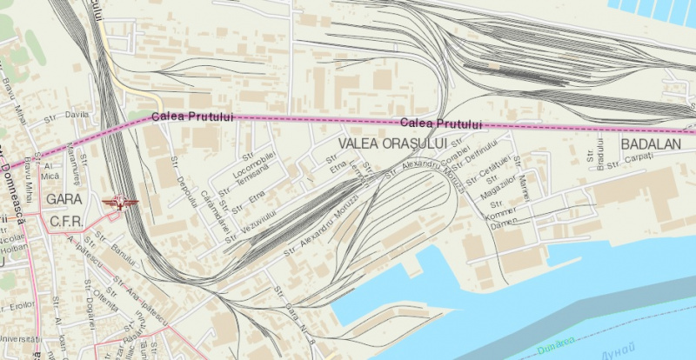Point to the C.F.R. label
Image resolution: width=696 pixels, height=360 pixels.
coord(66,222)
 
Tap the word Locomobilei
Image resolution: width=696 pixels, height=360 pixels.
coord(255,159)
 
